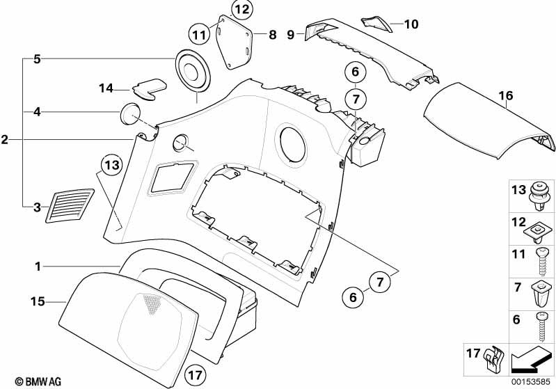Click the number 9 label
click(291, 33)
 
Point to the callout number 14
click(106, 88)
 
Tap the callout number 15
click(38, 301)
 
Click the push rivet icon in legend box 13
click(539, 194)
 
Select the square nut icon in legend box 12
click(540, 227)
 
